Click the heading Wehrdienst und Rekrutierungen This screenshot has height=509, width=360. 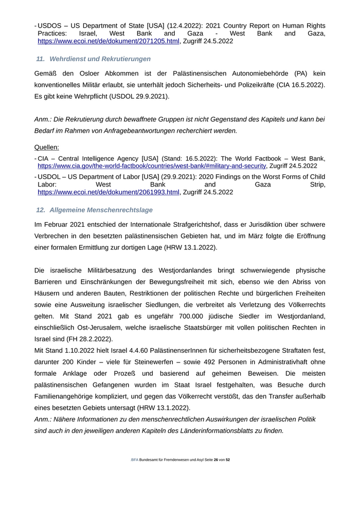(x=100, y=59)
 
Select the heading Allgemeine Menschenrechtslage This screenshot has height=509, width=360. (x=101, y=210)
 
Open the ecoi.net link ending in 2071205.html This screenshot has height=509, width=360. (x=109, y=41)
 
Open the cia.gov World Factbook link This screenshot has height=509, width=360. (x=152, y=166)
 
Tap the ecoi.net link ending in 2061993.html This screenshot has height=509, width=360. (x=109, y=192)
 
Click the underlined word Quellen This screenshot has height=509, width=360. (x=46, y=147)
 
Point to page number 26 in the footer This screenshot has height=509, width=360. (x=215, y=460)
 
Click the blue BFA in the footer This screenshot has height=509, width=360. (x=134, y=460)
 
